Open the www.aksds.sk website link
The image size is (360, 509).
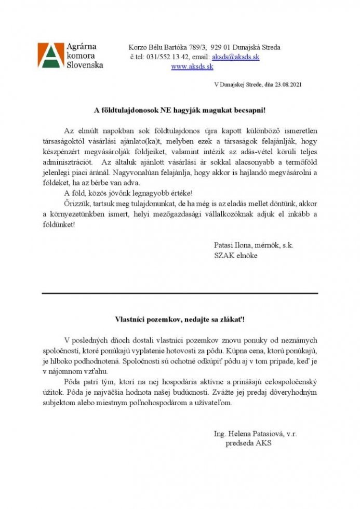[192, 66]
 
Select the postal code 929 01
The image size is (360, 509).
[221, 47]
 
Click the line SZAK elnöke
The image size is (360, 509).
[235, 255]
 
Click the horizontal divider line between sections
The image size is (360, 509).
[179, 293]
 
